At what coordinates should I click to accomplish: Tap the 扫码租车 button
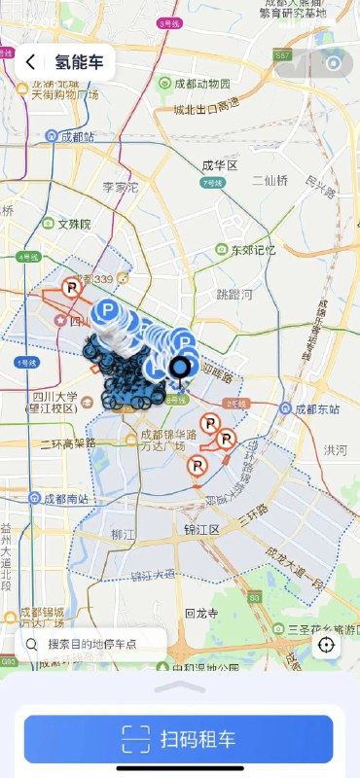[179, 738]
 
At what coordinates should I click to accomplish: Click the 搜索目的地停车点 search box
[93, 644]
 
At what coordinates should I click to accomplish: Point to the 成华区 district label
[220, 166]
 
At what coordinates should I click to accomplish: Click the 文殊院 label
[73, 224]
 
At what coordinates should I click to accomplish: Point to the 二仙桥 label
[270, 180]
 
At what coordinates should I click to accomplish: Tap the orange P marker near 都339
[71, 288]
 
